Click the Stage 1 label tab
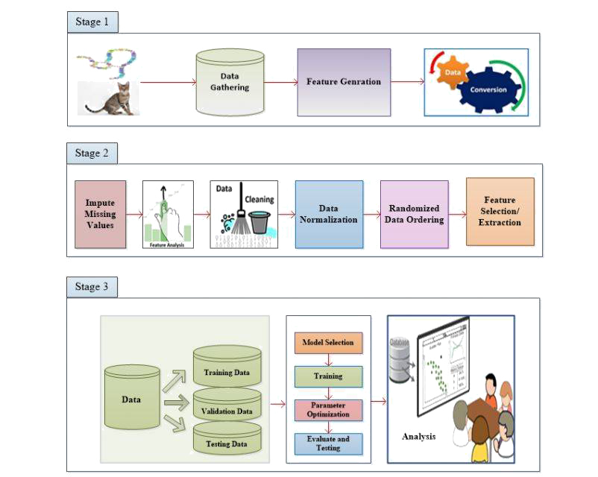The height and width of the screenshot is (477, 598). pyautogui.click(x=92, y=22)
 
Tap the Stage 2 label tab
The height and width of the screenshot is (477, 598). pyautogui.click(x=92, y=153)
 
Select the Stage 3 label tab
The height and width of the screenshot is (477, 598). pyautogui.click(x=92, y=287)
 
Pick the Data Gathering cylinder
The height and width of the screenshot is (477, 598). pyautogui.click(x=229, y=82)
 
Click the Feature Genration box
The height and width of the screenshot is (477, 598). pyautogui.click(x=343, y=82)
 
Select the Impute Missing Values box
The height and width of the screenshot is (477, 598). pyautogui.click(x=99, y=214)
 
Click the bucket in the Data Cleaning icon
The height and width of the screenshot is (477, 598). pyautogui.click(x=259, y=223)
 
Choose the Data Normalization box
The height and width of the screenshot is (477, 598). pyautogui.click(x=328, y=214)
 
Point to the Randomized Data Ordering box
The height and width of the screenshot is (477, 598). pyautogui.click(x=414, y=214)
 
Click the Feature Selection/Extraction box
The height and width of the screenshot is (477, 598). pyautogui.click(x=500, y=212)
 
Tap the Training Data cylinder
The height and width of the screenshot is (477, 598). pyautogui.click(x=227, y=367)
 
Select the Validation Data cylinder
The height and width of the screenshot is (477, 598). pyautogui.click(x=227, y=407)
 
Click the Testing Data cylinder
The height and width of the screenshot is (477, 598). pyautogui.click(x=227, y=441)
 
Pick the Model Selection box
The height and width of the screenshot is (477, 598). pyautogui.click(x=327, y=343)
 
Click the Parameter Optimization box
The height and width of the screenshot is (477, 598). pyautogui.click(x=327, y=410)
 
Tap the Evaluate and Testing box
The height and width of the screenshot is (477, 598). pyautogui.click(x=327, y=443)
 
